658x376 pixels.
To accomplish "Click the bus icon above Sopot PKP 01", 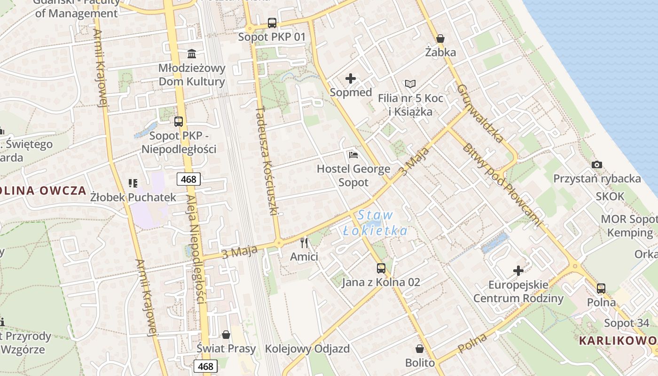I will click(x=272, y=23).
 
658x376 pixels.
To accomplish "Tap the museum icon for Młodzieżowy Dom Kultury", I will click(x=192, y=54).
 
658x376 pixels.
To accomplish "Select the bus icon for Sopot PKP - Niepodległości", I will click(x=179, y=122).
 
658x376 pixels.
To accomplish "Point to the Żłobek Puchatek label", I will click(x=133, y=197).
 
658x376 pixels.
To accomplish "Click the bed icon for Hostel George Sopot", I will click(x=353, y=155).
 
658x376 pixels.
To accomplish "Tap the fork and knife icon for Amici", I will click(x=304, y=243).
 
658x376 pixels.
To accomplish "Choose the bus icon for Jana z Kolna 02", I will click(x=381, y=268).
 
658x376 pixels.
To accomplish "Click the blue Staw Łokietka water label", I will click(x=375, y=223).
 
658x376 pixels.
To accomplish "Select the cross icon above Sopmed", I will click(x=351, y=78).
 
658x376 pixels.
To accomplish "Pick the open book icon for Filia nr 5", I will click(x=410, y=84).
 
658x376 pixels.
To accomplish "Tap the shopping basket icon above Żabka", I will click(x=440, y=38).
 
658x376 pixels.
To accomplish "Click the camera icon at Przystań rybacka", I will click(x=597, y=164).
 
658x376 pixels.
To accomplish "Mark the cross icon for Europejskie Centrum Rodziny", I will click(x=518, y=271).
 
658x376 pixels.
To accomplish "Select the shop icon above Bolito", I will click(x=420, y=349).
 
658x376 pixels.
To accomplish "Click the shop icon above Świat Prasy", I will click(x=226, y=335).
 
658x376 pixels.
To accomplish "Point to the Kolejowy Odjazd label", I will click(x=307, y=349).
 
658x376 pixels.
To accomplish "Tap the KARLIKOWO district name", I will click(x=618, y=340).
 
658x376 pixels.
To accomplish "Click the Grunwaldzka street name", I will click(x=480, y=114).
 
